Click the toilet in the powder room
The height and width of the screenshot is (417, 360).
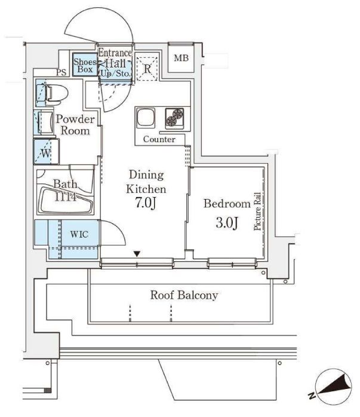click(x=53, y=93)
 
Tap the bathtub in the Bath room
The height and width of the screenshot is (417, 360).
click(x=66, y=201)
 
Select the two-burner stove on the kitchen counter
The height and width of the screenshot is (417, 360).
click(x=174, y=117)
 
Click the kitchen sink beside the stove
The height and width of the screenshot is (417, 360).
click(x=146, y=117)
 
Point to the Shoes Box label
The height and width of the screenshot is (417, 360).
click(x=85, y=66)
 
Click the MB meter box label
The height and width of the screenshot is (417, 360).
click(x=181, y=58)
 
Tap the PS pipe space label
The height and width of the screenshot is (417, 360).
click(x=61, y=73)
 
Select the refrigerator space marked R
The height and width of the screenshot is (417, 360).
click(x=147, y=68)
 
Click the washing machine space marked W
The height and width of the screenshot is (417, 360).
click(x=46, y=152)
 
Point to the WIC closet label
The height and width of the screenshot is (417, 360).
click(x=79, y=234)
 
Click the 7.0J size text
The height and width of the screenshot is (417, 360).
click(x=145, y=203)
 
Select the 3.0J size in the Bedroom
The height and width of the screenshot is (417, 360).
click(x=227, y=223)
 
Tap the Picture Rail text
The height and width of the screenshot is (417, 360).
click(x=257, y=211)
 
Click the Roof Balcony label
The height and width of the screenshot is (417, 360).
click(x=184, y=295)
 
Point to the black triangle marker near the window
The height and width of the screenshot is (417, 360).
click(x=137, y=254)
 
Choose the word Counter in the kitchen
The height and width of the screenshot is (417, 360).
click(x=159, y=139)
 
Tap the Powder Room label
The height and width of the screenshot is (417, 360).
click(x=75, y=125)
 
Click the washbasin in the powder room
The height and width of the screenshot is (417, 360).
click(x=45, y=122)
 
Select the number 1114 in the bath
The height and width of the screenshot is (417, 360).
click(x=65, y=197)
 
